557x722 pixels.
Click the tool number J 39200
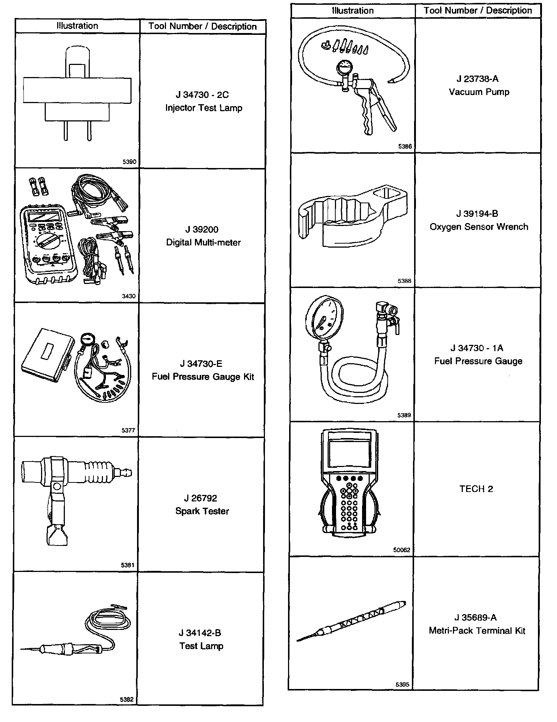tap(202, 230)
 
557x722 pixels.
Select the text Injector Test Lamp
tap(203, 108)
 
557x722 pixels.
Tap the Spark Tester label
tap(202, 511)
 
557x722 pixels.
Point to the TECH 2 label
tap(476, 489)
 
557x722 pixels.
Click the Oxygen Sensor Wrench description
tap(479, 227)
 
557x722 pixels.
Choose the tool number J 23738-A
tap(477, 79)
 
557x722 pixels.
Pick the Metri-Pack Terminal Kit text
tap(477, 631)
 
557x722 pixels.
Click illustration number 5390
tap(129, 162)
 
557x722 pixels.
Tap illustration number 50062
tap(402, 550)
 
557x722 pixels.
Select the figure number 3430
tap(129, 296)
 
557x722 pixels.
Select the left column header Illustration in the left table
tap(77, 26)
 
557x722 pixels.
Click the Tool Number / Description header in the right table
tap(477, 10)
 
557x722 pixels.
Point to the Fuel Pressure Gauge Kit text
tap(203, 377)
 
